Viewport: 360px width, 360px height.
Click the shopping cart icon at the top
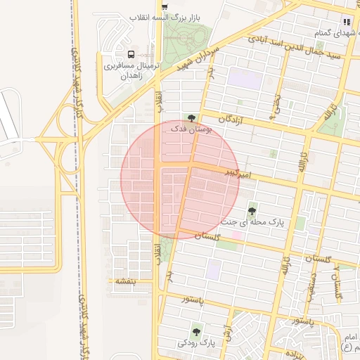point(164,6)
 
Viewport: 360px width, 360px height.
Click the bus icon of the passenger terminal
point(131,54)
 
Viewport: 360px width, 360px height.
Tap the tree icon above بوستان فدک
point(191,117)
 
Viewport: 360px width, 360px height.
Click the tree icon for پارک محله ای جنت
point(252,210)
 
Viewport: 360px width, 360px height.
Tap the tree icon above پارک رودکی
point(196,331)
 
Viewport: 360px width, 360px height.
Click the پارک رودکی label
point(196,343)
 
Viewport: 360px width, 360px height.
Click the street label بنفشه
point(129,281)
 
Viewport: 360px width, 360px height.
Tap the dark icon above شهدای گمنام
point(347,22)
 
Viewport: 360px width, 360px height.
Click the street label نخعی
point(278,105)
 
